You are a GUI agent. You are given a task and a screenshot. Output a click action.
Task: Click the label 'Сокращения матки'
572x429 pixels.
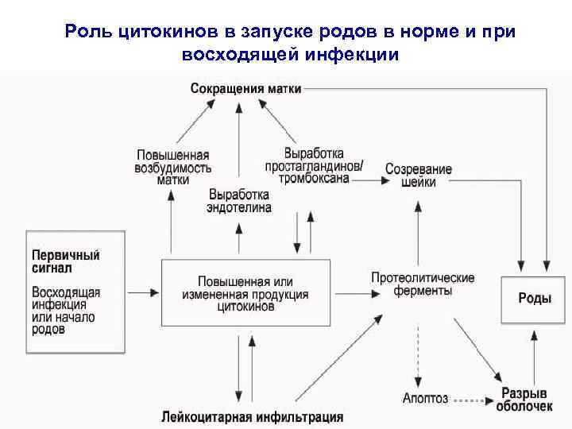pyautogui.click(x=245, y=89)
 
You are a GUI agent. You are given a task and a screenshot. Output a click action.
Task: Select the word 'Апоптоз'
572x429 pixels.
pyautogui.click(x=425, y=398)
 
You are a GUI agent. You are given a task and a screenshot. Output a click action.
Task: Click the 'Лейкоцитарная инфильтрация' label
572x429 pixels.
pyautogui.click(x=252, y=416)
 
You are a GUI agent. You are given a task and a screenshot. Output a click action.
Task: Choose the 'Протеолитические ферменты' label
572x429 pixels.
pyautogui.click(x=422, y=284)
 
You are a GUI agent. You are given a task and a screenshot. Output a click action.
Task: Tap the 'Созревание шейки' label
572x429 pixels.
pyautogui.click(x=418, y=175)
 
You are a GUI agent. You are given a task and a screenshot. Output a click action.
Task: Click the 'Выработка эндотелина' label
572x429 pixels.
pyautogui.click(x=239, y=201)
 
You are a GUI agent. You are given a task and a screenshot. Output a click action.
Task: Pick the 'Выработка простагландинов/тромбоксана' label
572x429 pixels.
pyautogui.click(x=315, y=165)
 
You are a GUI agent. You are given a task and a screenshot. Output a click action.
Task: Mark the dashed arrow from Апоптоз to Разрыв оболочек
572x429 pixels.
pyautogui.click(x=473, y=399)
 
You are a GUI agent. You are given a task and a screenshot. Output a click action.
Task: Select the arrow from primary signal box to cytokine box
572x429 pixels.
pyautogui.click(x=143, y=293)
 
